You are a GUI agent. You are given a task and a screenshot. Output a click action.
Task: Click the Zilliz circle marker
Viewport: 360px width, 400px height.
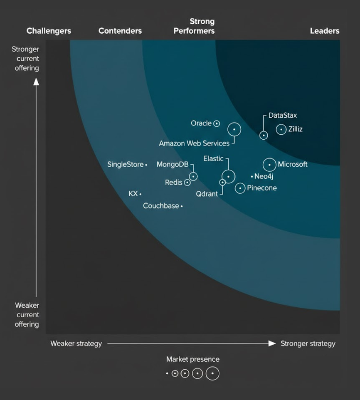coord(281,129)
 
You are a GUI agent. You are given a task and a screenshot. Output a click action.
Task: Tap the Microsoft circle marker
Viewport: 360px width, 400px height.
coord(269,165)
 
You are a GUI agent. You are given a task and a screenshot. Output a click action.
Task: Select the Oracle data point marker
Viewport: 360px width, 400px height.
coord(217,123)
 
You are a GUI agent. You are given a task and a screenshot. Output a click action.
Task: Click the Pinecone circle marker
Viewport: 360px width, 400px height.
coord(240,188)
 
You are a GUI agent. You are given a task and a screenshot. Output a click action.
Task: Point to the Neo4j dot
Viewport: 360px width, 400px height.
coord(252,177)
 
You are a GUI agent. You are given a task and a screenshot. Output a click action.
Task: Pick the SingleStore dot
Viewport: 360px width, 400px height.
coord(146,165)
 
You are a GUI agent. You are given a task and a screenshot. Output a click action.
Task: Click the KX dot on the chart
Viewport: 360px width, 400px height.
coord(141,194)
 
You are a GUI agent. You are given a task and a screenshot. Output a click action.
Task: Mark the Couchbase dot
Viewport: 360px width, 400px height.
coord(182,206)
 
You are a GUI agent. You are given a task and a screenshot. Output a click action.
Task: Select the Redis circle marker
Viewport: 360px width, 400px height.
coord(187,183)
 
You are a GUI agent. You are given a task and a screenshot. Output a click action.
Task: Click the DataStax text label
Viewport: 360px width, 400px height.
coord(283,115)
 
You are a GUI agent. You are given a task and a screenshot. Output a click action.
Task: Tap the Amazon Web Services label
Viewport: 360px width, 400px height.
coord(194,143)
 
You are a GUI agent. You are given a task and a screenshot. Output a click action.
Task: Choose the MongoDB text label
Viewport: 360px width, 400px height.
coord(173,165)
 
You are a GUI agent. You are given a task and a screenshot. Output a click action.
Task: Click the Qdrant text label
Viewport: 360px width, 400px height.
coord(207,194)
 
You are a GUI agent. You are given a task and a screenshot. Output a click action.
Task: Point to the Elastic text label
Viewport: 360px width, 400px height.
coord(213,159)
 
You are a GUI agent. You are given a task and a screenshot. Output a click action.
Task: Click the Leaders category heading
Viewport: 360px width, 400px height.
coord(324,31)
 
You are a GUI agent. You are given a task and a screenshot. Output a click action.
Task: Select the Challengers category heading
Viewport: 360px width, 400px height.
coord(49,31)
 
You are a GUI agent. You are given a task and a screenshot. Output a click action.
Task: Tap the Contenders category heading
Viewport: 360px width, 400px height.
coord(120,31)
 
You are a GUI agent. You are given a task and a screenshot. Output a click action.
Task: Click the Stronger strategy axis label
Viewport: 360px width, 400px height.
coord(308,343)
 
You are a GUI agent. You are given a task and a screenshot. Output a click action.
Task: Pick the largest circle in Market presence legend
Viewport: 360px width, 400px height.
coord(212,373)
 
